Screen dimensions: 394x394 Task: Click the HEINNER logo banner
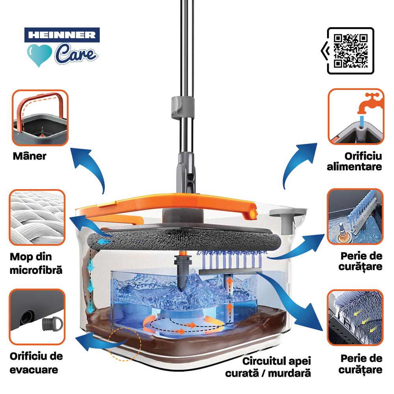(62, 35)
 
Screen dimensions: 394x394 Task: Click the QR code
(351, 51)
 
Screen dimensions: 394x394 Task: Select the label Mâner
(30, 156)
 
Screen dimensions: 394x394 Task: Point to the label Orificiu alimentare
(355, 161)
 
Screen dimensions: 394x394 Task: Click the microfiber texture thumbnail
(37, 217)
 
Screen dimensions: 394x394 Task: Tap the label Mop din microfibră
(36, 263)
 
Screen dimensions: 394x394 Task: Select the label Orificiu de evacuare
(36, 363)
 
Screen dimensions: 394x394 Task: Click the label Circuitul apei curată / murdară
(268, 367)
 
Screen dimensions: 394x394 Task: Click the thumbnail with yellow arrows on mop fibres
(355, 318)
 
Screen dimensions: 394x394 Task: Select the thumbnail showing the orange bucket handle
(40, 117)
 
